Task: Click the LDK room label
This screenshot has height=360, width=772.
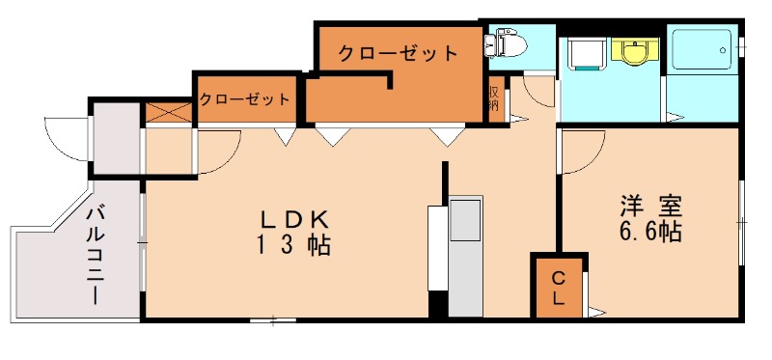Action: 294,218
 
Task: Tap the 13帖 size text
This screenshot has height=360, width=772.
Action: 294,245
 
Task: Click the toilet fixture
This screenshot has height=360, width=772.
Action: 506,42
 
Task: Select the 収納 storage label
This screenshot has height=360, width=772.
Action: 493,98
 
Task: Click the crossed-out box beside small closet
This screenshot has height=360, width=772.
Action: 169,113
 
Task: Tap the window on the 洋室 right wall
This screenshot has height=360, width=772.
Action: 741,222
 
